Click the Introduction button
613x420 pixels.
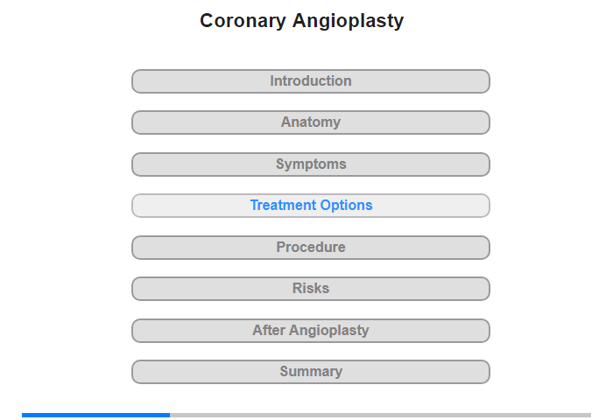[310, 81]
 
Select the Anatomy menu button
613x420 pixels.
[310, 122]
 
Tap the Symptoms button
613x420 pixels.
[310, 164]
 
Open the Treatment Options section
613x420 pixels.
[310, 206]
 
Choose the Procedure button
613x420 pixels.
[310, 248]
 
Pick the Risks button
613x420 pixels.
[310, 289]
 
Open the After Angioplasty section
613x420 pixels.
[310, 331]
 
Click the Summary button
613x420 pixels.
[310, 372]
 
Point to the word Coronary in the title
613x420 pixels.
[243, 22]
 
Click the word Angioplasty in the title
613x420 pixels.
[348, 22]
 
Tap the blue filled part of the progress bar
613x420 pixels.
[95, 415]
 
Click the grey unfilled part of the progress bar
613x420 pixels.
[380, 415]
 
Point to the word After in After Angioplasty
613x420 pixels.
[269, 330]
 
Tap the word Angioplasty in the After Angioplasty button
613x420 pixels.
[328, 331]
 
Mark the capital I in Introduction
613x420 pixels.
[272, 80]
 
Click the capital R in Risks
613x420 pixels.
[297, 289]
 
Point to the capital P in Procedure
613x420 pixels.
[281, 247]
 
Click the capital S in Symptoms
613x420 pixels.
[281, 164]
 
